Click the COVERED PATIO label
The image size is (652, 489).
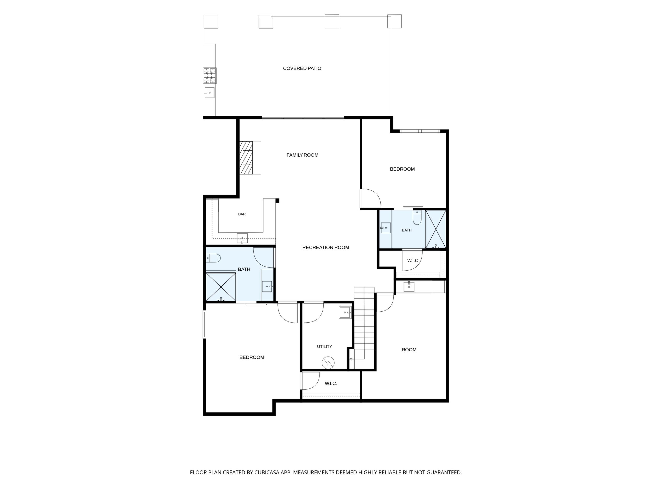302,68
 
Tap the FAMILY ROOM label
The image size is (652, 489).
302,155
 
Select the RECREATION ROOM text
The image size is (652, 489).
326,248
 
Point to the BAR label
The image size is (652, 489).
242,214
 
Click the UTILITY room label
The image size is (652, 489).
324,347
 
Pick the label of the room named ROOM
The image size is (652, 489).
409,350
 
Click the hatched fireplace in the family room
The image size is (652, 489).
246,158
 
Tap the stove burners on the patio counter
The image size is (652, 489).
209,75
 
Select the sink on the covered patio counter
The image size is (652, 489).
209,92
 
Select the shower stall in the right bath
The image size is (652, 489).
436,229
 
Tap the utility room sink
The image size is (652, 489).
345,312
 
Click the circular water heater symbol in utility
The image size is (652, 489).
328,363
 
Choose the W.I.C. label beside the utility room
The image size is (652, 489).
331,383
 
